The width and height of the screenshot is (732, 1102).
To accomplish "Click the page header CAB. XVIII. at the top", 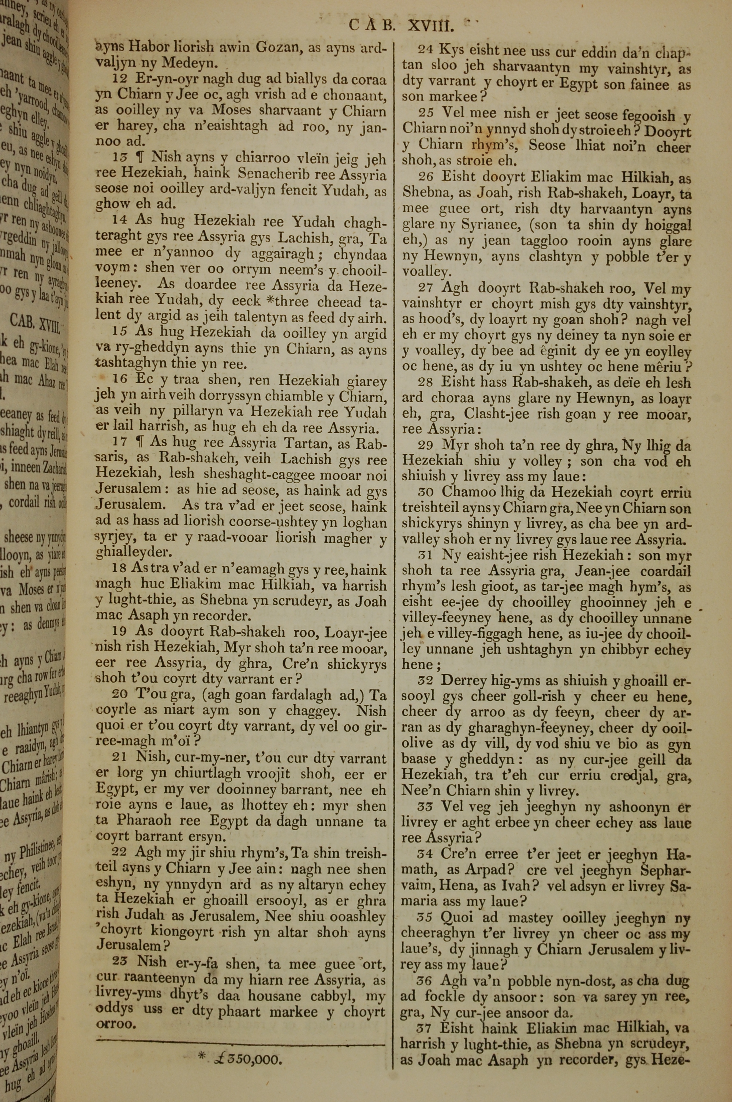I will point(402,25).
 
